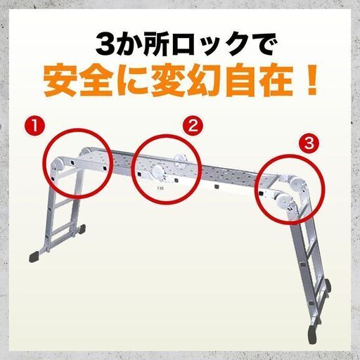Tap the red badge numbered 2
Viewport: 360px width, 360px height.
click(x=191, y=127)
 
